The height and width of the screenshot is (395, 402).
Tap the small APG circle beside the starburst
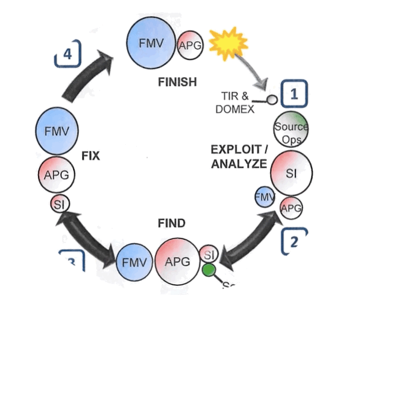tap(190, 46)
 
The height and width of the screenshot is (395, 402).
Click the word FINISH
tap(177, 82)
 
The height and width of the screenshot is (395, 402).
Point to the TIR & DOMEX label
tap(235, 103)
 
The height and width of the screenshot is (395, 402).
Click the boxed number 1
tap(294, 94)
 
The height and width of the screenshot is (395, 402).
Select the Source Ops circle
tap(291, 128)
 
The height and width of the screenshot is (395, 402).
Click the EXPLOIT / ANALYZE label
tap(239, 156)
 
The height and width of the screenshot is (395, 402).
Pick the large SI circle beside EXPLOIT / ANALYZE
tap(292, 174)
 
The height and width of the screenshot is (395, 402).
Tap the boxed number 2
tap(294, 241)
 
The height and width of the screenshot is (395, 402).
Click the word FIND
tap(172, 223)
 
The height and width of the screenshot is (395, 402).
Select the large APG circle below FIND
tap(177, 262)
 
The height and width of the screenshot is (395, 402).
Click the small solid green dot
tap(209, 270)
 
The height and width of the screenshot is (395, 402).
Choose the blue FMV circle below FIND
tap(134, 262)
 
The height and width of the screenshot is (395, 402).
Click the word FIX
tap(90, 156)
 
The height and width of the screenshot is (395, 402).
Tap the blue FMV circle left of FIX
tap(53, 131)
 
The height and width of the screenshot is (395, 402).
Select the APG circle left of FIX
tap(57, 175)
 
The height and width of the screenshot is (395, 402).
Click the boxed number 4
tap(68, 54)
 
